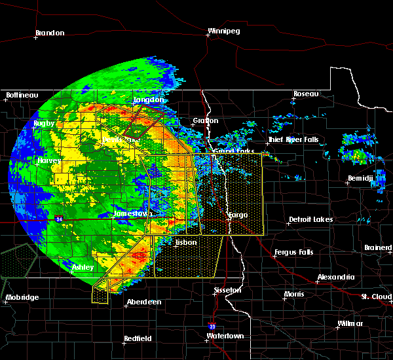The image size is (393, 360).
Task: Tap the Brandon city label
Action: [50, 33]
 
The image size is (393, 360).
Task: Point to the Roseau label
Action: [306, 94]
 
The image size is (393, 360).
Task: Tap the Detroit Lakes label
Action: [310, 220]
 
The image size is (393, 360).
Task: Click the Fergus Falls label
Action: [294, 252]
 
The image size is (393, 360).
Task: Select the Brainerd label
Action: [377, 247]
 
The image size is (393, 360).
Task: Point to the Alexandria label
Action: [336, 278]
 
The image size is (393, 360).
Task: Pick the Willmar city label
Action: [350, 324]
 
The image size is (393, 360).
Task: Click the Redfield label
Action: [138, 338]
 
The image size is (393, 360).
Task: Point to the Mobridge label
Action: [22, 298]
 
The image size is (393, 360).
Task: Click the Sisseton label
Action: [227, 289]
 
